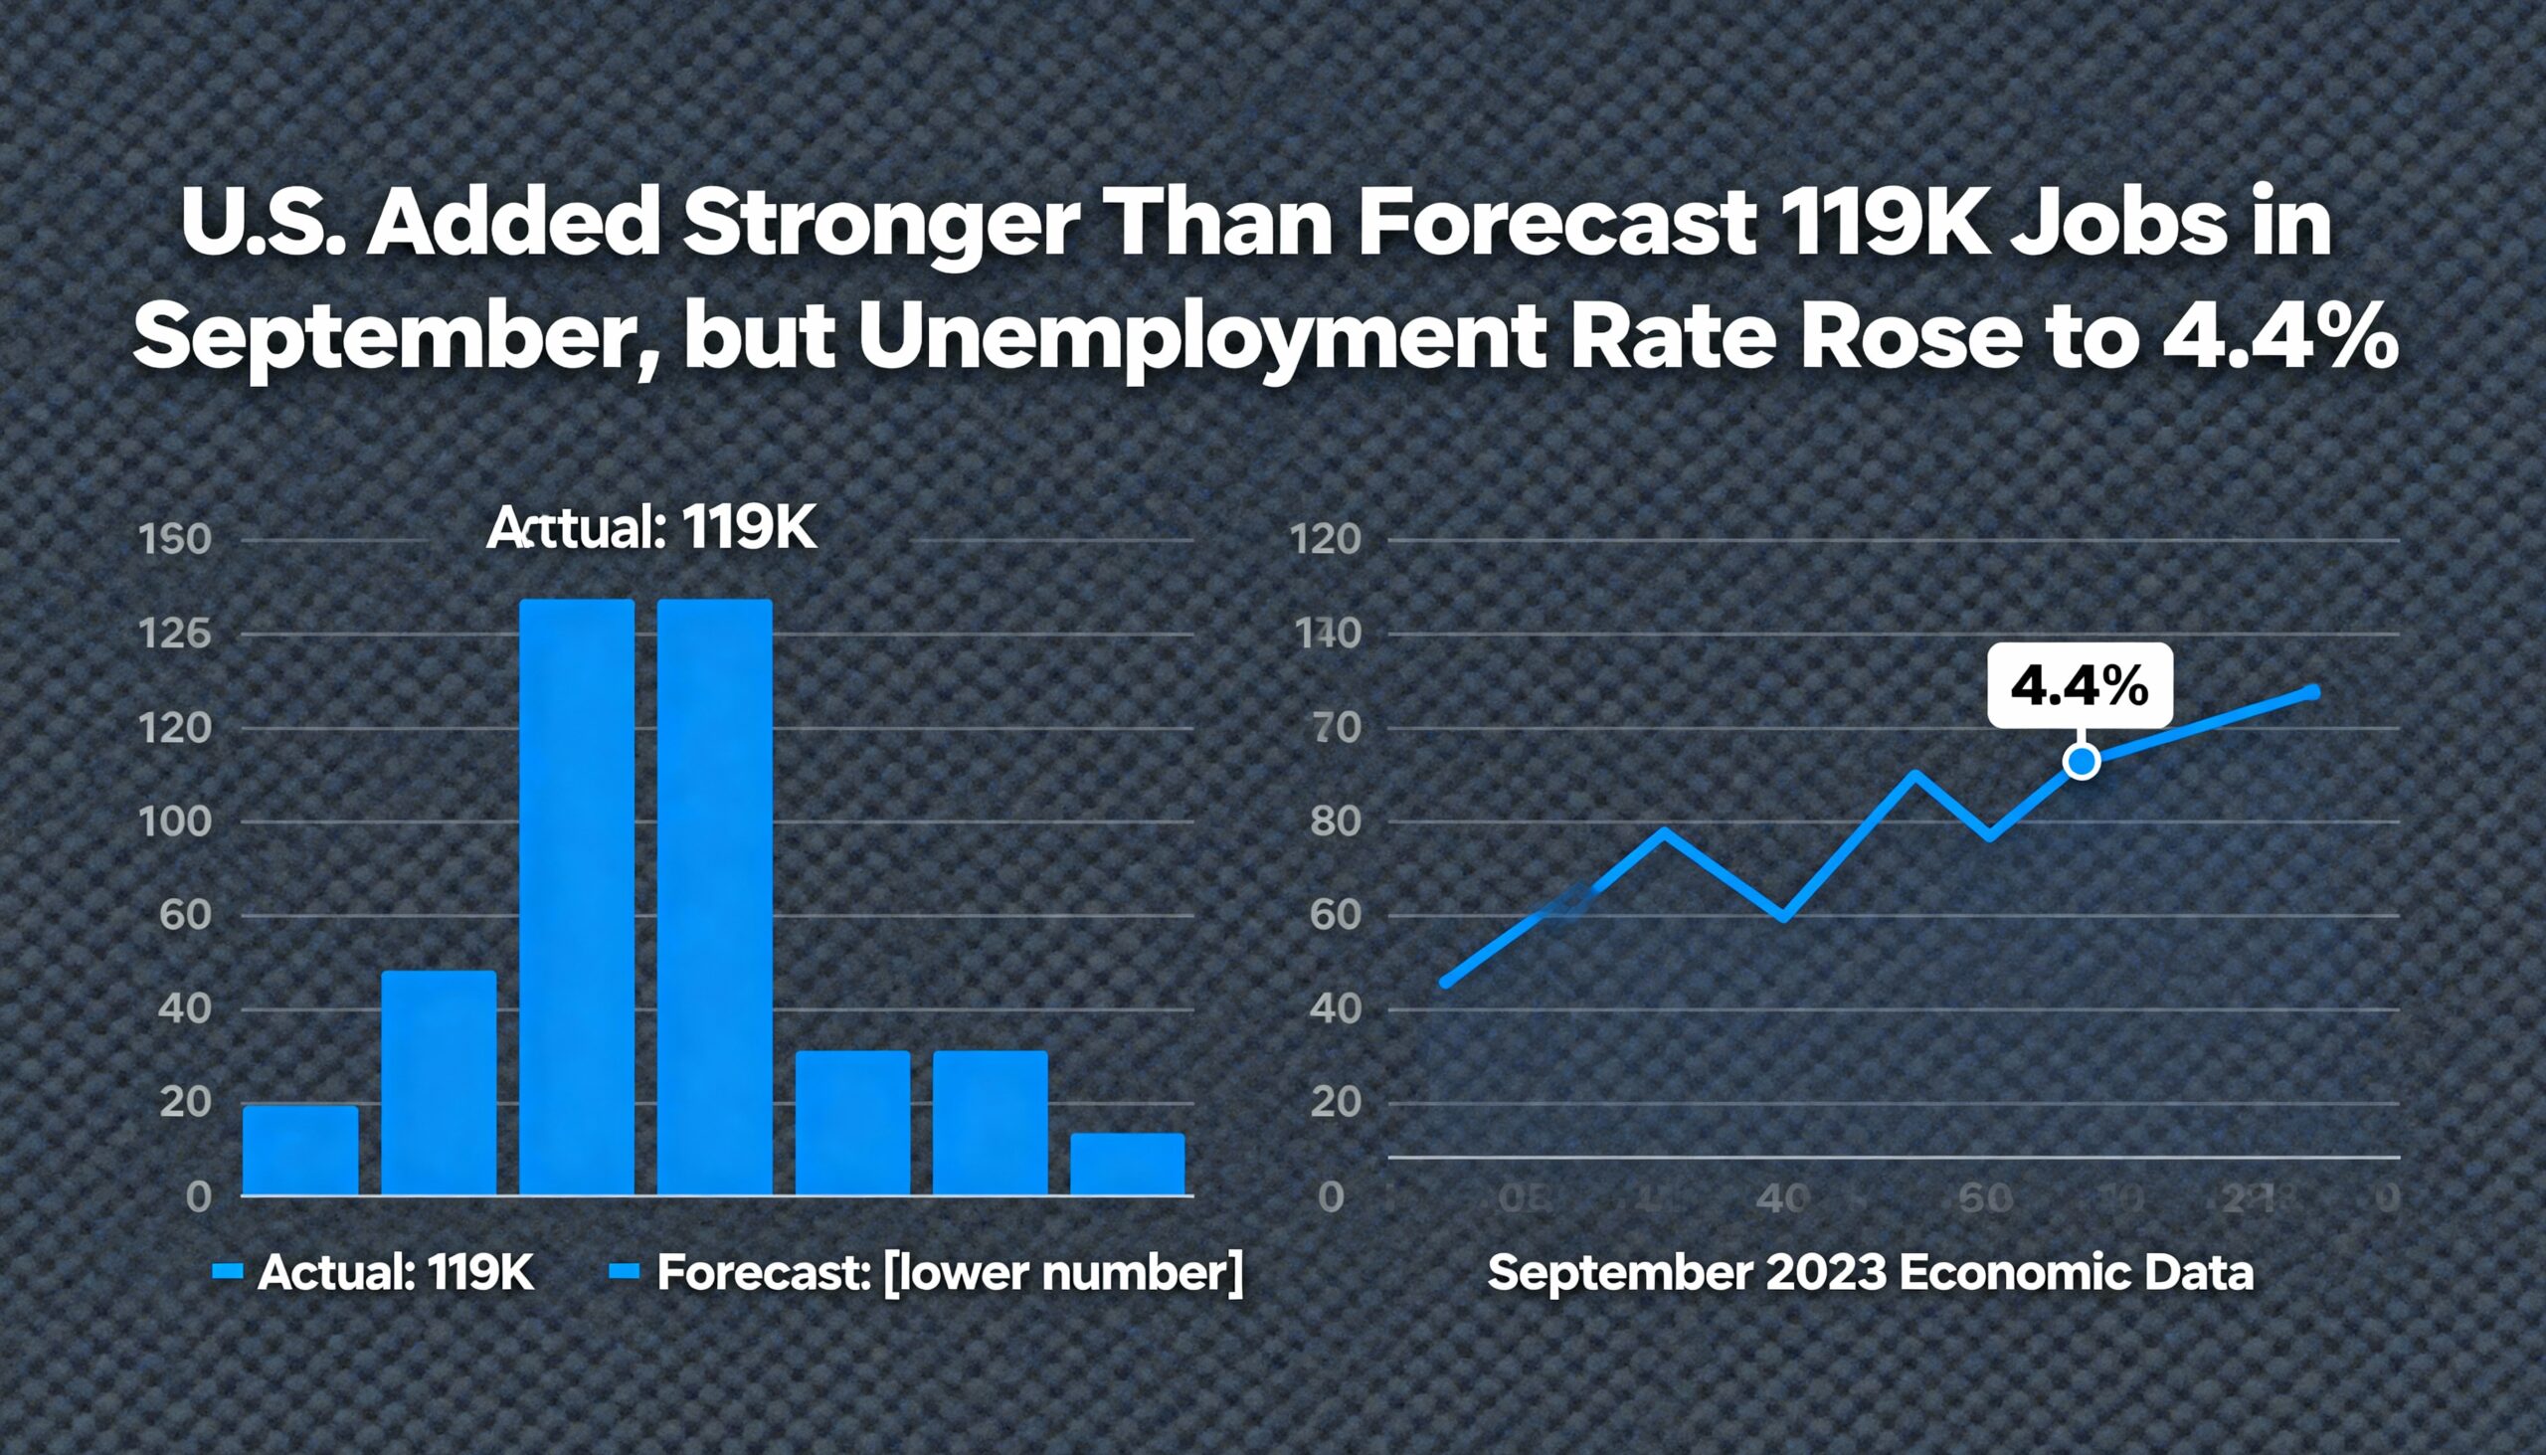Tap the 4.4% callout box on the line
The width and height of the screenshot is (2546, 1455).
coord(2080,685)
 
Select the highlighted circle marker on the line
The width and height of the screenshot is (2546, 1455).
coord(2082,762)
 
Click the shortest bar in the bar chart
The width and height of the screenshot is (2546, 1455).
coord(1127,1165)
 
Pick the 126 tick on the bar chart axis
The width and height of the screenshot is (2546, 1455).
coord(175,634)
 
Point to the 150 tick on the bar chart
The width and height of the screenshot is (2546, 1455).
coord(175,541)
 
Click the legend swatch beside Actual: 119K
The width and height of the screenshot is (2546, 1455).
coord(228,1272)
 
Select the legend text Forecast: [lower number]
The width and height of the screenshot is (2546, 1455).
coord(949,1273)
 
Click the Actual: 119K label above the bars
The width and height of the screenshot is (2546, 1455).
coord(651,530)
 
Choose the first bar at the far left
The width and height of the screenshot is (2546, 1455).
coord(300,1151)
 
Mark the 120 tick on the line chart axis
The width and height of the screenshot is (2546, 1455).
coord(1326,541)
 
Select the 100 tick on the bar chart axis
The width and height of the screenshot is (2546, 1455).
coord(175,822)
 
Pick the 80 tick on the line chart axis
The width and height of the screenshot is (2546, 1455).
coord(1336,822)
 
